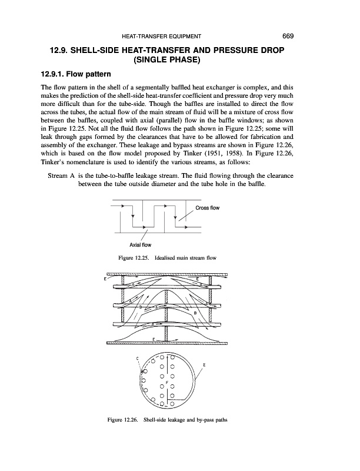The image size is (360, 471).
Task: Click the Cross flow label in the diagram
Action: click(209, 208)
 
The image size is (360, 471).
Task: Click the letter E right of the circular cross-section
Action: click(204, 365)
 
